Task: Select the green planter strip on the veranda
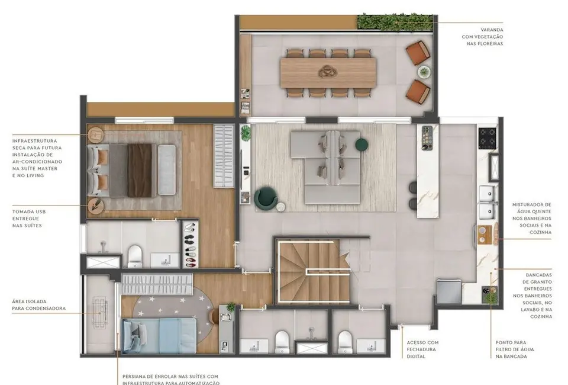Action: pos(395,22)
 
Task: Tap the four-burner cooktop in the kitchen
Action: pos(488,138)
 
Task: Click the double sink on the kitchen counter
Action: pos(488,201)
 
